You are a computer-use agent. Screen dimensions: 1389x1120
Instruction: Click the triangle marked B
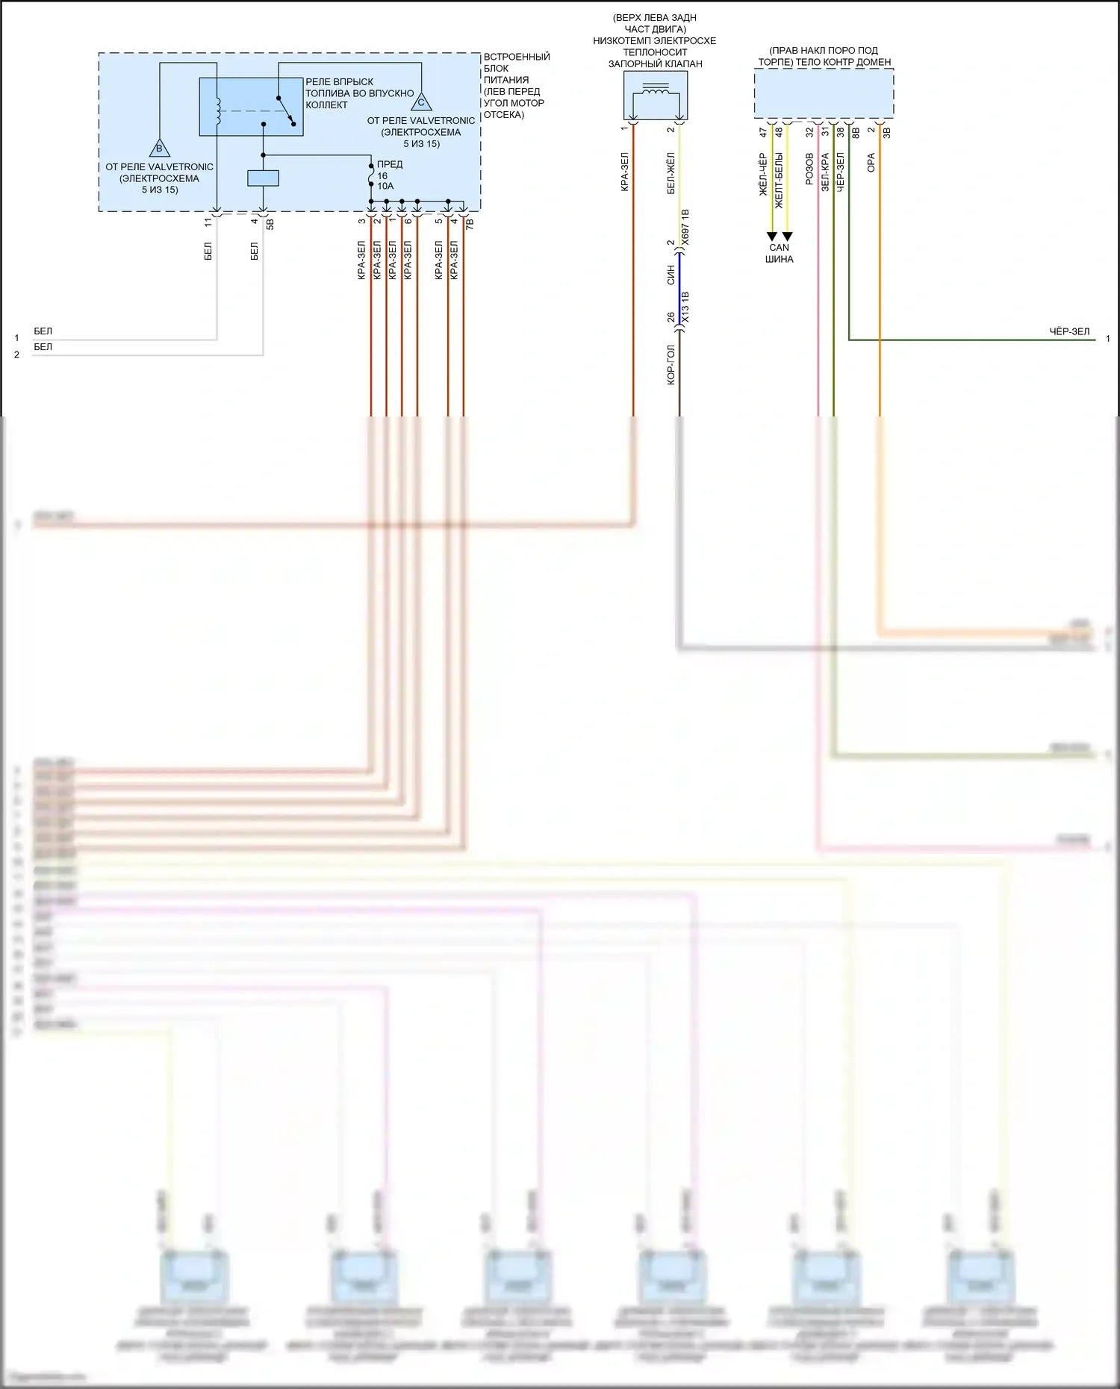[159, 148]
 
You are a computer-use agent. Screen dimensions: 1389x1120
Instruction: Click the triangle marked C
[421, 102]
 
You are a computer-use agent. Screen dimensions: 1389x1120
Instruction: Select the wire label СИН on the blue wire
[671, 275]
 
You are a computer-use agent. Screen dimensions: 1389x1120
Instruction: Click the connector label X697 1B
[685, 228]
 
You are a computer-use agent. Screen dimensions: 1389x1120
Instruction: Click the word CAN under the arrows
[779, 248]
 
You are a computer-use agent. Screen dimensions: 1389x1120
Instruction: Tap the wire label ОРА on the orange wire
[871, 163]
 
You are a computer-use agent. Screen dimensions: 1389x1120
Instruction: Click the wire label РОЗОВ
[809, 169]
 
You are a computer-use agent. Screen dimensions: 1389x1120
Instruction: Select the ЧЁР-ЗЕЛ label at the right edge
[1069, 331]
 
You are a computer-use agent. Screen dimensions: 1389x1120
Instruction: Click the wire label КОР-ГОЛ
[671, 365]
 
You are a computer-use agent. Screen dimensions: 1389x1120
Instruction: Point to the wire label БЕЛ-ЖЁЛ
[671, 173]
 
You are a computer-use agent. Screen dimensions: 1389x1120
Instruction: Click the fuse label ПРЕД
[390, 164]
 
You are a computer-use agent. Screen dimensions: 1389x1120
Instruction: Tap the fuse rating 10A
[385, 186]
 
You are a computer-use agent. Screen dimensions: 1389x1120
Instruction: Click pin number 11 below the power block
[208, 222]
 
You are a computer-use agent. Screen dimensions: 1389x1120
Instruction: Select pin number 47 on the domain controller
[763, 132]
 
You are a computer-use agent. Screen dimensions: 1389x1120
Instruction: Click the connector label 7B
[470, 222]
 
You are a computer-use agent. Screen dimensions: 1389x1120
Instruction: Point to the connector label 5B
[270, 223]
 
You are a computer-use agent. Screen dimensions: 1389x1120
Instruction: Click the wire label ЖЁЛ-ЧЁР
[763, 175]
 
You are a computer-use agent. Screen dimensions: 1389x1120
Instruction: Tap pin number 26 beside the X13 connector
[671, 317]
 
